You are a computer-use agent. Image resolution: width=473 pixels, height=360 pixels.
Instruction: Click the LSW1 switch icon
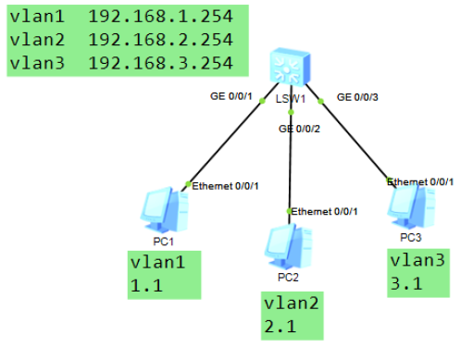tap(288, 66)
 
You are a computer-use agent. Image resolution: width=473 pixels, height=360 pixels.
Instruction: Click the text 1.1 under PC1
tap(146, 286)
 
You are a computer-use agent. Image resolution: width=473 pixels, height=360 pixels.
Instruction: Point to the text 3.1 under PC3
tap(407, 284)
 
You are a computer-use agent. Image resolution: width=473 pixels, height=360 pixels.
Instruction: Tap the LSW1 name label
tap(289, 97)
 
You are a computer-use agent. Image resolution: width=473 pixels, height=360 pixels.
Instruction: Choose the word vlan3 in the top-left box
tap(36, 64)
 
